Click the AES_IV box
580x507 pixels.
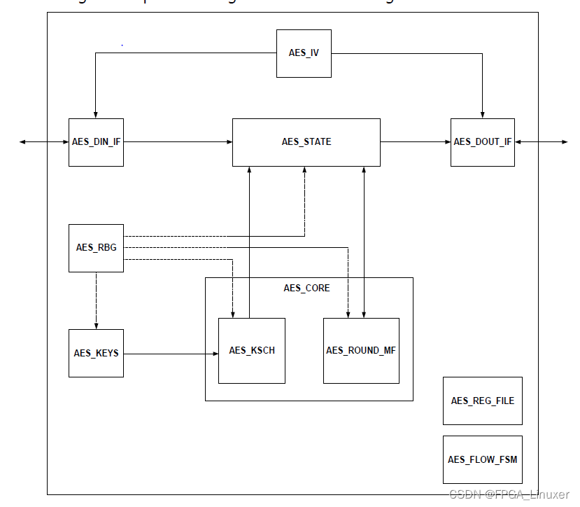pyautogui.click(x=304, y=53)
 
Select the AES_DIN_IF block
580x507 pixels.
pyautogui.click(x=96, y=142)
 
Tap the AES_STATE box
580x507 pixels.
pyautogui.click(x=306, y=142)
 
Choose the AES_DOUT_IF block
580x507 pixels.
pyautogui.click(x=482, y=142)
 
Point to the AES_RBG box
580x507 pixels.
pyautogui.click(x=96, y=248)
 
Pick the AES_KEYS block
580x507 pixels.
pyautogui.click(x=96, y=353)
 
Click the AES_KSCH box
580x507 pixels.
pyautogui.click(x=251, y=350)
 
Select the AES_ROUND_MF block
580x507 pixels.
pyautogui.click(x=361, y=350)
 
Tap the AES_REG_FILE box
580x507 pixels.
pyautogui.click(x=482, y=401)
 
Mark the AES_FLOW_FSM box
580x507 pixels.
pyautogui.click(x=482, y=459)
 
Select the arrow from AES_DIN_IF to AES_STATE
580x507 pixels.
pyautogui.click(x=178, y=142)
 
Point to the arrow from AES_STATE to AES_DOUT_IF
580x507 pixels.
pyautogui.click(x=415, y=142)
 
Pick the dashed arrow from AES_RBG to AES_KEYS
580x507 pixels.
pyautogui.click(x=97, y=300)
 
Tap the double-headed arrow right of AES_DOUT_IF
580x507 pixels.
pyautogui.click(x=542, y=142)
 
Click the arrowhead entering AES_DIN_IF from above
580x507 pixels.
pyautogui.click(x=96, y=114)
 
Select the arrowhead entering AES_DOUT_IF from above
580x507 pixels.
pyautogui.click(x=482, y=114)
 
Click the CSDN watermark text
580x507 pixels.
pyautogui.click(x=508, y=494)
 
